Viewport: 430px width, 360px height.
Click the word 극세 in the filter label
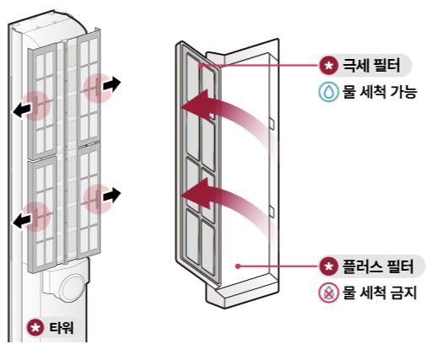pos(353,65)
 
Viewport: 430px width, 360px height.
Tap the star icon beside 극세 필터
pos(328,65)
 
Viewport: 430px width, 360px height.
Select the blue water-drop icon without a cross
pos(327,92)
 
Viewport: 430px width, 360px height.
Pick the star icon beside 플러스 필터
pos(328,267)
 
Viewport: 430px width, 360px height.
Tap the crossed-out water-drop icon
pos(327,293)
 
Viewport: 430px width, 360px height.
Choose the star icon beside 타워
pos(35,326)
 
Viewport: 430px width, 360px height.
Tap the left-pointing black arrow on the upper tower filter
pos(24,108)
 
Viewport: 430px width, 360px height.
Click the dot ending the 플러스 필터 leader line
pos(239,266)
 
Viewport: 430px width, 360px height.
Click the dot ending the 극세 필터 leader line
pos(200,64)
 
